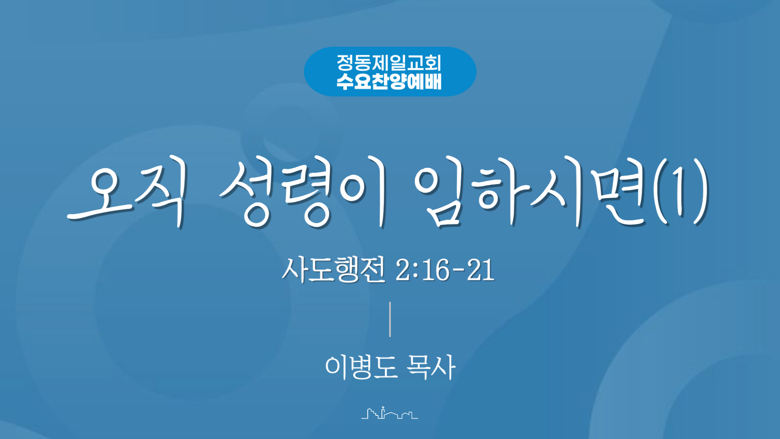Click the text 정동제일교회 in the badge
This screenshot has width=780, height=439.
(389, 63)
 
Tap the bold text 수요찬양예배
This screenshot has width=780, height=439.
(389, 81)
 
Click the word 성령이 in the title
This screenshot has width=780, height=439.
(303, 193)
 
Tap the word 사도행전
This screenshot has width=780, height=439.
(334, 269)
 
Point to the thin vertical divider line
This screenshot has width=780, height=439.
(390, 319)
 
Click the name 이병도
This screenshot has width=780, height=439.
(361, 367)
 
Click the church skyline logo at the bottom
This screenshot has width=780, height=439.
(390, 413)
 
